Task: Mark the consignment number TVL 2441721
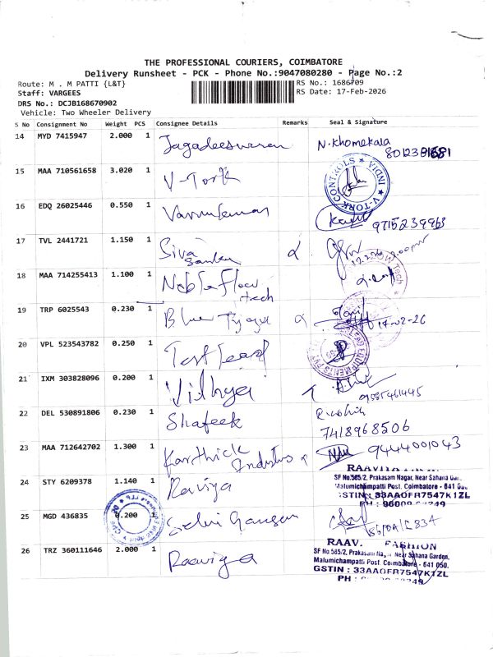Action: (65, 240)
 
